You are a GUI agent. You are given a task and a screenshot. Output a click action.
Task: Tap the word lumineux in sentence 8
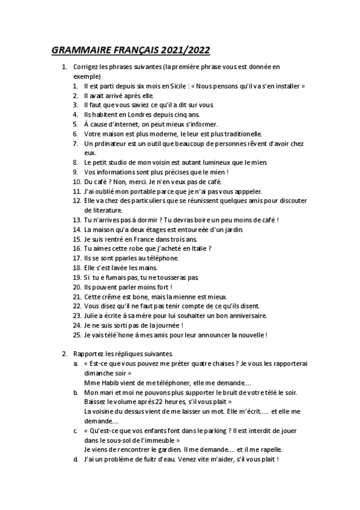click(x=209, y=162)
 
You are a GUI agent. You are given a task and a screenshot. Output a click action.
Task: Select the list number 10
click(x=76, y=182)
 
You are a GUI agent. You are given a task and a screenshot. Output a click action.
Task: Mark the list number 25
click(x=76, y=334)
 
